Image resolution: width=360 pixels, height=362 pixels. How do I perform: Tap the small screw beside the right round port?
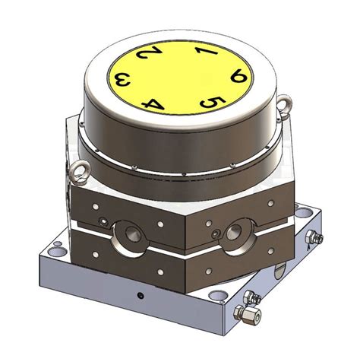tap(216, 233)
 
